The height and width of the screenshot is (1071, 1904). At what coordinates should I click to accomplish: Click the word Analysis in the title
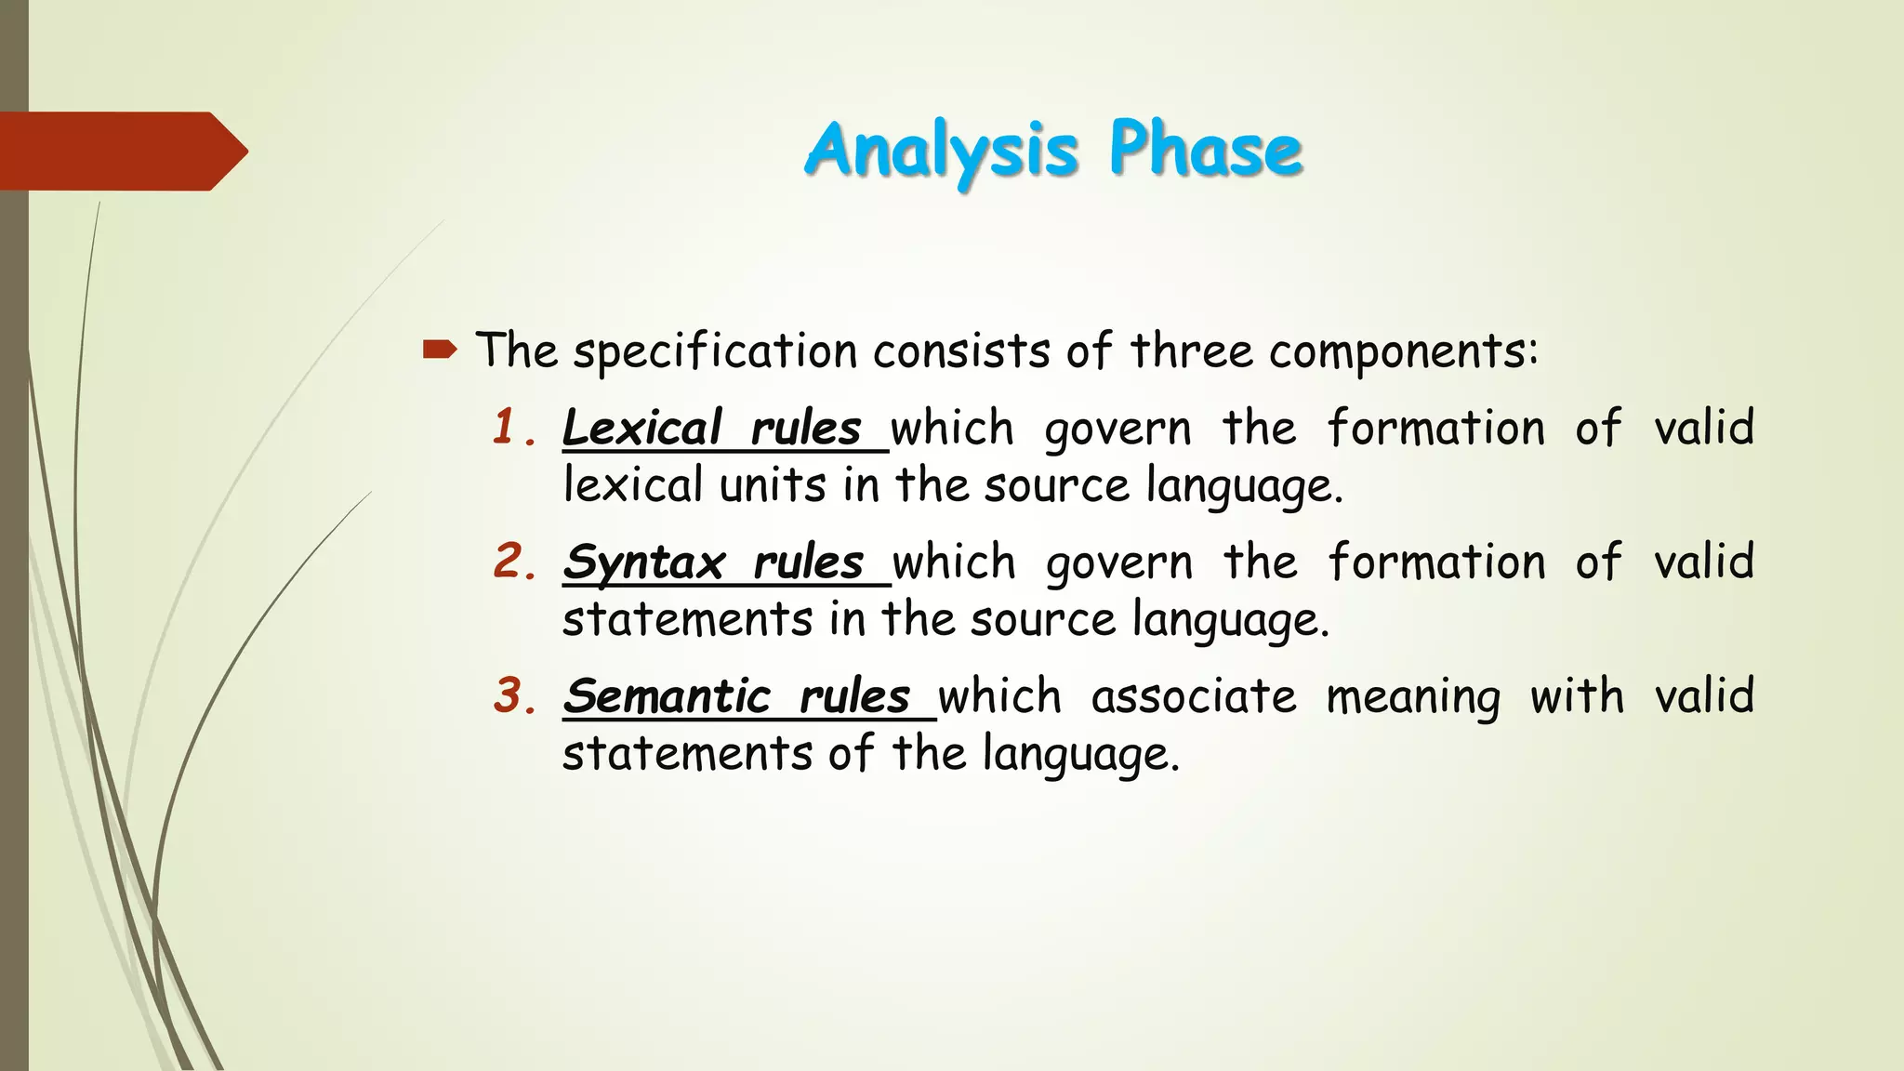[941, 151]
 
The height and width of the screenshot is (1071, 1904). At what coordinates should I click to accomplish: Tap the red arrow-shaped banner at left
[121, 152]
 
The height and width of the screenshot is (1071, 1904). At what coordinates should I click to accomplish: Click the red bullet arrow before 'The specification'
[440, 350]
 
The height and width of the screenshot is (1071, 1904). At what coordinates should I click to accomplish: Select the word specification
[715, 352]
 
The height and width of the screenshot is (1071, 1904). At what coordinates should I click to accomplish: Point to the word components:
[1404, 352]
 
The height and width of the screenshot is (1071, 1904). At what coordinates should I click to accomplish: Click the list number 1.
[508, 428]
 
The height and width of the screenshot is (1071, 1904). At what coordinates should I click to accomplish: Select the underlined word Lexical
[641, 429]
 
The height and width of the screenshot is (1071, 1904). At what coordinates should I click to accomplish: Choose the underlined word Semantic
[667, 696]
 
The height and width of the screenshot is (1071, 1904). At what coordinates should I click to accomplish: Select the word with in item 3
[1577, 695]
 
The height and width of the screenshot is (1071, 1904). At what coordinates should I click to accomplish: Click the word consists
[961, 351]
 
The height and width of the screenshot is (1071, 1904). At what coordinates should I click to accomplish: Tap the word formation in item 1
[1435, 429]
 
